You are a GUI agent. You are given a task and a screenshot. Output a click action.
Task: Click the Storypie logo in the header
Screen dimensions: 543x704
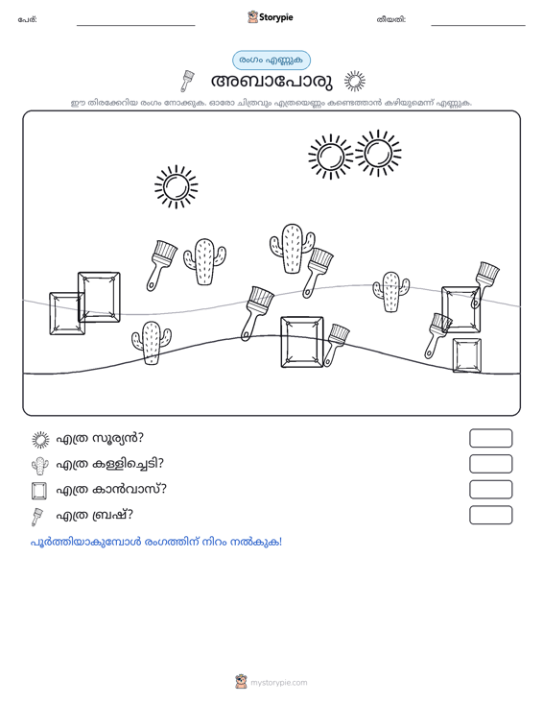271,17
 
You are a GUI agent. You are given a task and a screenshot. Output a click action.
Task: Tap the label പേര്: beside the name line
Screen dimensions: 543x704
28,20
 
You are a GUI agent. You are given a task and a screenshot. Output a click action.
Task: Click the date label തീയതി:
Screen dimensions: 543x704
391,20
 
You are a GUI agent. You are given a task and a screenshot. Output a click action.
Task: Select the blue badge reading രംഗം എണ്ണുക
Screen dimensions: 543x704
271,61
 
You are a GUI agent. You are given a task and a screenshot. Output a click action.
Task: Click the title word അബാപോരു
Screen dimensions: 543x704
271,82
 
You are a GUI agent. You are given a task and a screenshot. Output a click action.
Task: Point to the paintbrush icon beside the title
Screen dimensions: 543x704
187,81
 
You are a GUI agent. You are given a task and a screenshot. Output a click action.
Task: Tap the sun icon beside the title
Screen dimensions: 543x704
355,82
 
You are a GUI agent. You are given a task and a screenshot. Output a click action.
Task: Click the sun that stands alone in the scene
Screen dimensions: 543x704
177,186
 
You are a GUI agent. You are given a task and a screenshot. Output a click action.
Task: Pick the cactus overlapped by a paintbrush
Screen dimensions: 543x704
292,249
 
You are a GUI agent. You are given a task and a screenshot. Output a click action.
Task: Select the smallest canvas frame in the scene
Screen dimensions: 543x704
467,355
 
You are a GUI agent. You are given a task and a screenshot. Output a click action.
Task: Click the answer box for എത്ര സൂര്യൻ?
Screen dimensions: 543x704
490,438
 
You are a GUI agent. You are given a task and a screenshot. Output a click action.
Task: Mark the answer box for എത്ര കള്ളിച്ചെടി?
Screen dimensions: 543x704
490,464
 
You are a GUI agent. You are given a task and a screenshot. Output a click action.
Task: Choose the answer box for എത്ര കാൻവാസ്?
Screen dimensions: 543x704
490,490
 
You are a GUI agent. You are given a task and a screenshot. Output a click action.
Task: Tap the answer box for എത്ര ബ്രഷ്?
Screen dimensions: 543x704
490,515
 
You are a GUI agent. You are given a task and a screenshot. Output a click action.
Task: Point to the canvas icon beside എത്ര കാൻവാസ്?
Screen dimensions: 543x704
39,491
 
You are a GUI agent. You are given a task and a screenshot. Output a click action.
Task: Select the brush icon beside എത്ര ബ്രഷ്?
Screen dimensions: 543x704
37,517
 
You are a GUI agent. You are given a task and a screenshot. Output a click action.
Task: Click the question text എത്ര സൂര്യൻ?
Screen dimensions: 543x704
100,438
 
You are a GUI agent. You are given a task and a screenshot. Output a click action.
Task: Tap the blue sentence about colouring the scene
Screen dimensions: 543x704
156,542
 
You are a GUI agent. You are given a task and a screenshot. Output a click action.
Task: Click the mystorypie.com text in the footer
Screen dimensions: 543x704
279,683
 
